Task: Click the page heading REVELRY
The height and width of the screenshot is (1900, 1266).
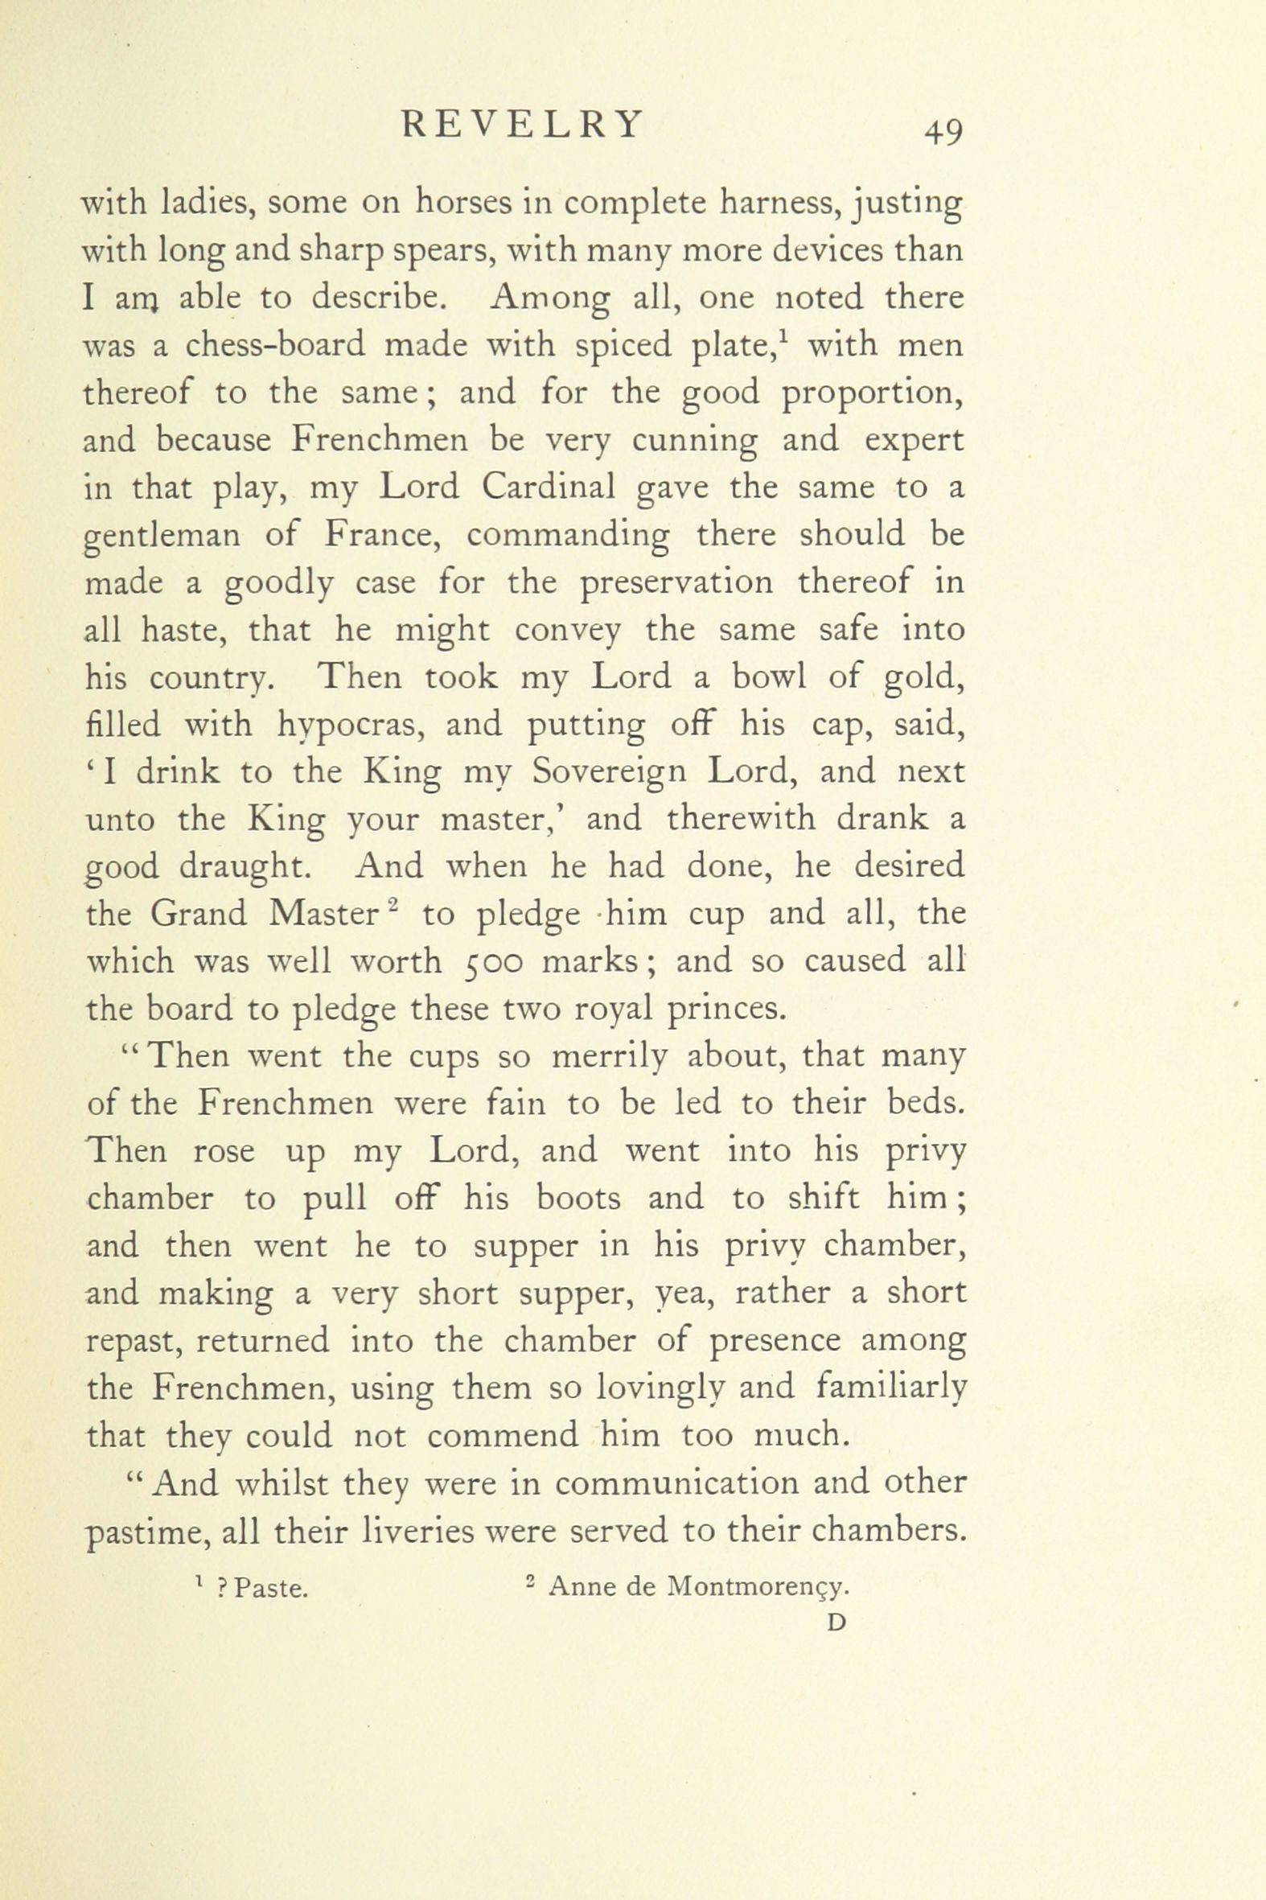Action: tap(522, 125)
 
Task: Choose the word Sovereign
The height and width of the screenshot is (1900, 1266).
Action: tap(606, 773)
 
